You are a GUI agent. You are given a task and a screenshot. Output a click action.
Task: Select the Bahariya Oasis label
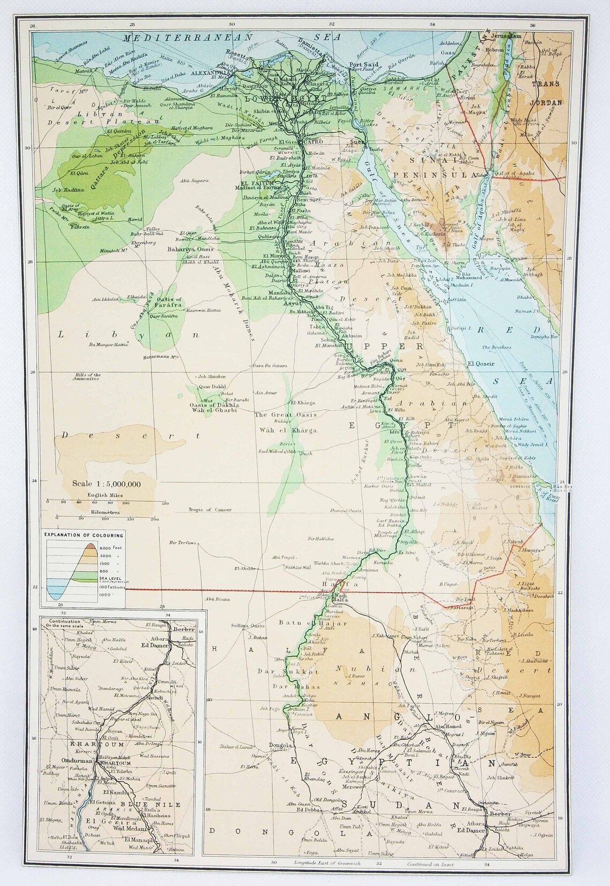click(190, 249)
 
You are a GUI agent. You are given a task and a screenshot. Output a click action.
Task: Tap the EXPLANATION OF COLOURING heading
click(83, 535)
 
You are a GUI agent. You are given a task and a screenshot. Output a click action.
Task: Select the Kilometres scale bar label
click(104, 512)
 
